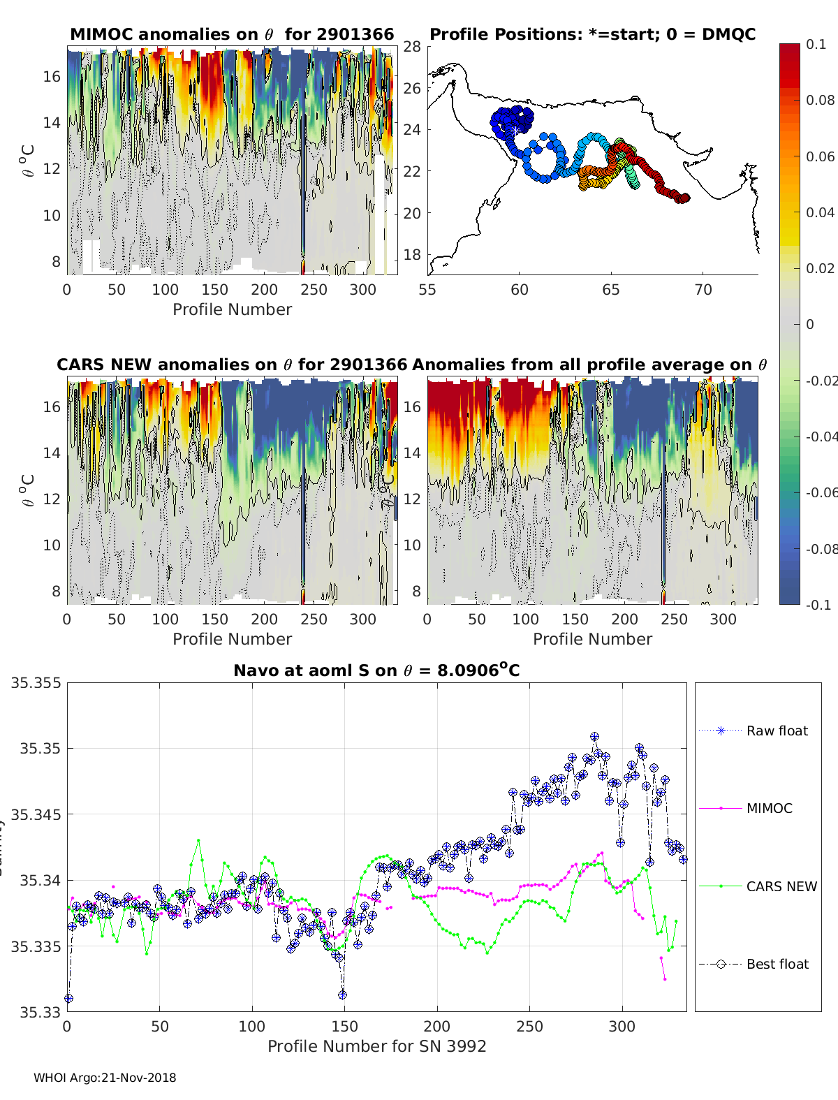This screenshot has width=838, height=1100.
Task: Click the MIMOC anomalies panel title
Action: [232, 34]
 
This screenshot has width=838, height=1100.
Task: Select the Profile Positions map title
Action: [592, 34]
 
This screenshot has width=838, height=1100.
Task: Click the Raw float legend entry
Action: [777, 731]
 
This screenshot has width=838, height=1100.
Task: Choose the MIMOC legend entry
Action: [769, 808]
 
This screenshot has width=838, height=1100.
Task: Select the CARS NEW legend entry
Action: [781, 886]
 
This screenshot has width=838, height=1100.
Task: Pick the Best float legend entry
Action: [777, 964]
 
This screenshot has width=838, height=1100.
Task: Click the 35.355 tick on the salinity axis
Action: [36, 682]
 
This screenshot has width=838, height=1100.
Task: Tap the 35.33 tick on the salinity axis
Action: [39, 1012]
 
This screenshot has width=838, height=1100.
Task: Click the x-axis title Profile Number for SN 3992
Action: [376, 1046]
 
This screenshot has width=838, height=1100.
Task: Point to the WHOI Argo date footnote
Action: [105, 1078]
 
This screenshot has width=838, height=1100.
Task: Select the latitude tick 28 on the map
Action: [412, 46]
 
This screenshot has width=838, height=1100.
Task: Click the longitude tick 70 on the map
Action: [703, 290]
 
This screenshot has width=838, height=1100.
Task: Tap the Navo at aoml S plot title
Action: [376, 670]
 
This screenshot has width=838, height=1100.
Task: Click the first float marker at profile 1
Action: [68, 999]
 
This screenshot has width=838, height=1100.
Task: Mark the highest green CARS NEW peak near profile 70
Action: [198, 840]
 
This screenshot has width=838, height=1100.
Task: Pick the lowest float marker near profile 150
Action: [342, 995]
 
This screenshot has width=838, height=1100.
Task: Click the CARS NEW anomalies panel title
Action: [232, 365]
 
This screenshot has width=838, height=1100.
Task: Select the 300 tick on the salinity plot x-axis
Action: [622, 1026]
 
